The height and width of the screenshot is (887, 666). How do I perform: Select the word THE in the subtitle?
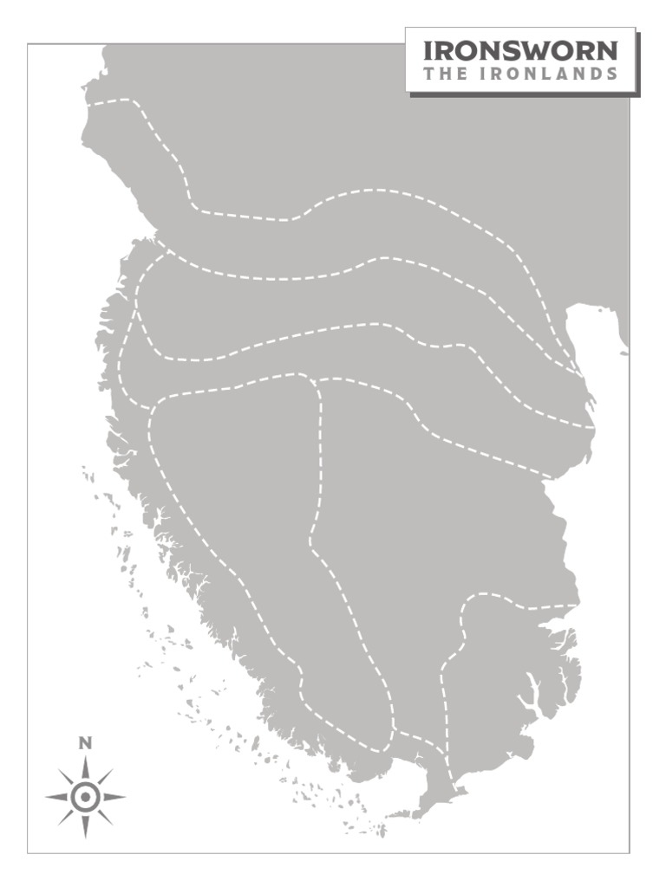(x=441, y=74)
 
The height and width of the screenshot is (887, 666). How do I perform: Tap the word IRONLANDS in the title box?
(x=546, y=74)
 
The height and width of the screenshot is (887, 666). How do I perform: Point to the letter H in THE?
(x=441, y=74)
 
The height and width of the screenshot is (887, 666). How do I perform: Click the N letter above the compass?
(x=85, y=742)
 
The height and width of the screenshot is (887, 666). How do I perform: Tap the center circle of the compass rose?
(x=85, y=797)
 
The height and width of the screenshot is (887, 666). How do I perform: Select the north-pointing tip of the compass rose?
(x=85, y=757)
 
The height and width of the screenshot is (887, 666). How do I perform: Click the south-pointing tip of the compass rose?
(x=85, y=838)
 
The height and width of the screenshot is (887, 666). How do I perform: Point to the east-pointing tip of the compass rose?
(x=125, y=797)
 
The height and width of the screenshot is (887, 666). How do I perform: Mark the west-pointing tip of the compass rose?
(x=46, y=797)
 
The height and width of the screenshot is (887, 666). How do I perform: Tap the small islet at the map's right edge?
(x=624, y=353)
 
